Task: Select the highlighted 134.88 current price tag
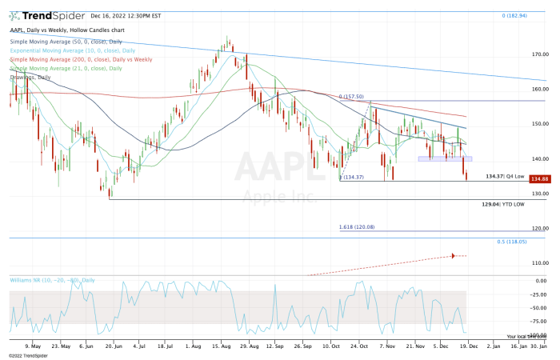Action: tap(539, 179)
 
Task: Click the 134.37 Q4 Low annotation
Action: tap(506, 175)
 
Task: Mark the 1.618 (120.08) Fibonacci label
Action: tap(358, 228)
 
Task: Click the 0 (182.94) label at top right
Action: tap(516, 16)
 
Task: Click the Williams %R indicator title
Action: tap(51, 280)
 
